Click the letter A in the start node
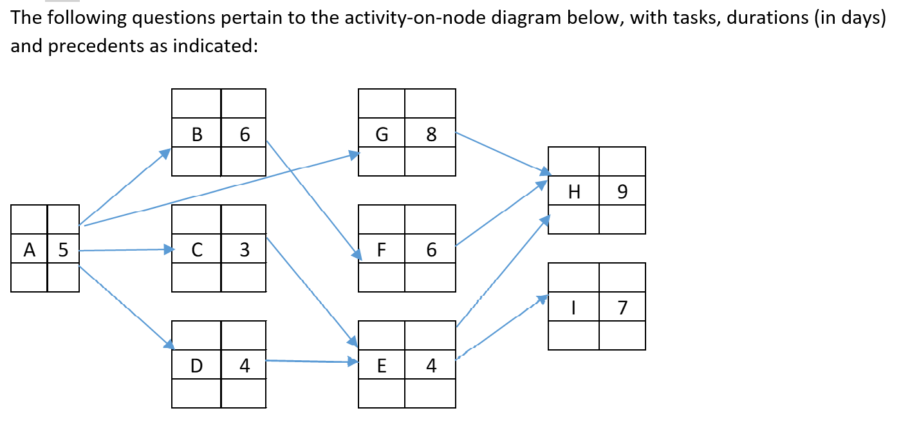coord(29,250)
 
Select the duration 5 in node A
coord(63,250)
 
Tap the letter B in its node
coord(197,135)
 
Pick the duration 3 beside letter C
coord(244,250)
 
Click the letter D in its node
coord(197,366)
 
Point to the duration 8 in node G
coord(431,135)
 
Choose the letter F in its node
coord(382,250)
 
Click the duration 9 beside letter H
coord(622,192)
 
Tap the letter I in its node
coord(573,308)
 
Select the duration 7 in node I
coord(622,308)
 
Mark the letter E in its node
coord(382,366)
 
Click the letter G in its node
coord(382,135)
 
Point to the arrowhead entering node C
coord(169,249)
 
